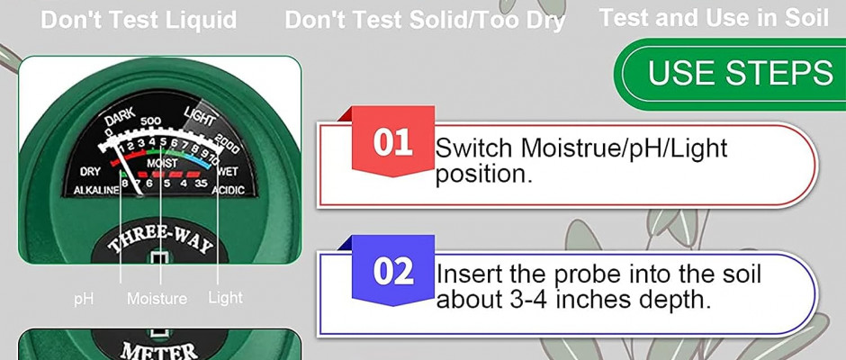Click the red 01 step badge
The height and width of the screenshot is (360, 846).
[x=392, y=141]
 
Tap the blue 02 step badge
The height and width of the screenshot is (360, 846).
[x=392, y=270]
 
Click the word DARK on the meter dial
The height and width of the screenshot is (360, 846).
[x=120, y=118]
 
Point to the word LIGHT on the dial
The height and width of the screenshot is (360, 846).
[x=200, y=115]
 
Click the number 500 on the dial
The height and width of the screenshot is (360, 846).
[x=150, y=121]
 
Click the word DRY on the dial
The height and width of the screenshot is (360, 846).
[x=90, y=172]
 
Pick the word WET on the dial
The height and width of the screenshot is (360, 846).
[x=228, y=172]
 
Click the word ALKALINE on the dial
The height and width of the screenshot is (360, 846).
[x=96, y=190]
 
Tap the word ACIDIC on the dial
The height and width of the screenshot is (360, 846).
[x=228, y=190]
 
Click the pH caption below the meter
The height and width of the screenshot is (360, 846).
[x=84, y=299]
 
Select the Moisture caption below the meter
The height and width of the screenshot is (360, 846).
[x=157, y=299]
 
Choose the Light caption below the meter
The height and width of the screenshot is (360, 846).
[x=226, y=298]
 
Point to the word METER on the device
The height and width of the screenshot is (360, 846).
[x=159, y=351]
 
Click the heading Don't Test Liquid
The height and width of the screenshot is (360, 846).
[x=139, y=20]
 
